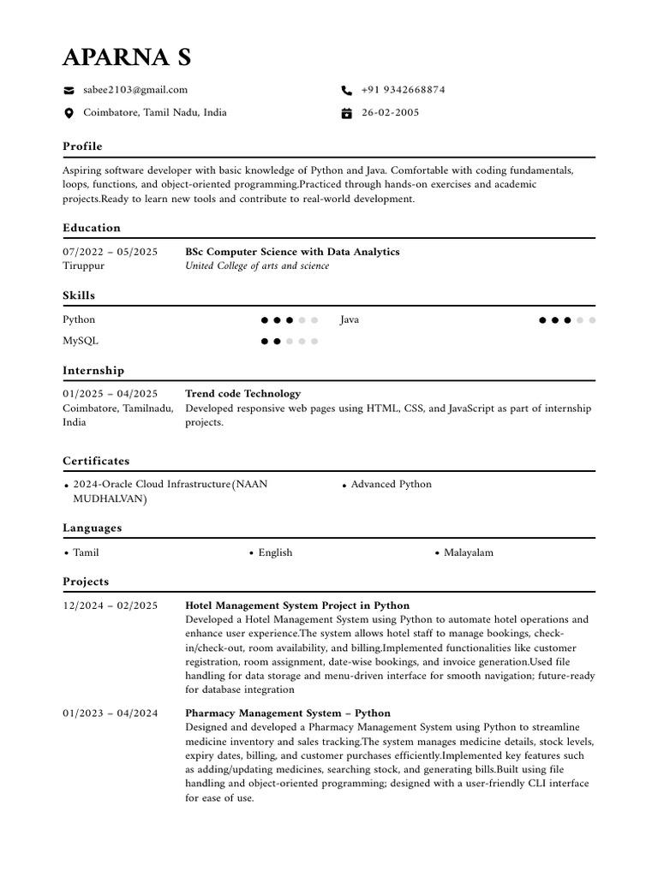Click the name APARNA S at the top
pyautogui.click(x=127, y=57)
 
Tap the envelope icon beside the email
pyautogui.click(x=69, y=90)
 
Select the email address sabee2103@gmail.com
pyautogui.click(x=135, y=90)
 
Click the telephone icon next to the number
pyautogui.click(x=346, y=90)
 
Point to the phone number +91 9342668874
pyautogui.click(x=403, y=90)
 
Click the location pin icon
pyautogui.click(x=69, y=113)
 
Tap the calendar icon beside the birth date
pyautogui.click(x=346, y=113)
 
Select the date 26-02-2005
pyautogui.click(x=390, y=113)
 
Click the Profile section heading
pyautogui.click(x=82, y=146)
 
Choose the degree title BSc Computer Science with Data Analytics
pyautogui.click(x=292, y=252)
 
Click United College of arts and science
pyautogui.click(x=257, y=266)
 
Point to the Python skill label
pyautogui.click(x=79, y=320)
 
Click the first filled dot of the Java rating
pyautogui.click(x=543, y=320)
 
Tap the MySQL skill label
pyautogui.click(x=81, y=341)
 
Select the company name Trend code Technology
pyautogui.click(x=243, y=394)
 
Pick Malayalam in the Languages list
pyautogui.click(x=468, y=553)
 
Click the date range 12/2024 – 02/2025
pyautogui.click(x=110, y=606)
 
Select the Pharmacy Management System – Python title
pyautogui.click(x=288, y=713)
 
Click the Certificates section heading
pyautogui.click(x=96, y=461)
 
